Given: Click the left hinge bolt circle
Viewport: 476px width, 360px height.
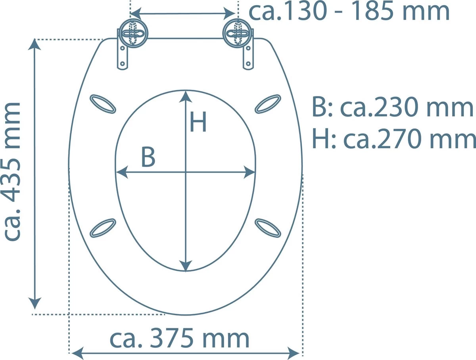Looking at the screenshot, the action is pyautogui.click(x=134, y=34).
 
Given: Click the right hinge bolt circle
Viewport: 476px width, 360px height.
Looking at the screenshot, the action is pyautogui.click(x=238, y=34).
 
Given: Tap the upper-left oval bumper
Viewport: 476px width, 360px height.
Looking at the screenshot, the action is pyautogui.click(x=103, y=104).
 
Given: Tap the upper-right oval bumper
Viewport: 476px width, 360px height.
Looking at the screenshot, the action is pyautogui.click(x=268, y=104).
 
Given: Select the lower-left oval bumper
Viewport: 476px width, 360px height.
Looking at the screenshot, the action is pyautogui.click(x=103, y=228).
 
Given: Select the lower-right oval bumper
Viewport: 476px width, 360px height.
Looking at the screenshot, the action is pyautogui.click(x=268, y=228).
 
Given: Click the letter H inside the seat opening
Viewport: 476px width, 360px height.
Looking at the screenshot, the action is pyautogui.click(x=198, y=122).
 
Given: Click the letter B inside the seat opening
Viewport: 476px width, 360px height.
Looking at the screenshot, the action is pyautogui.click(x=148, y=157).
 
